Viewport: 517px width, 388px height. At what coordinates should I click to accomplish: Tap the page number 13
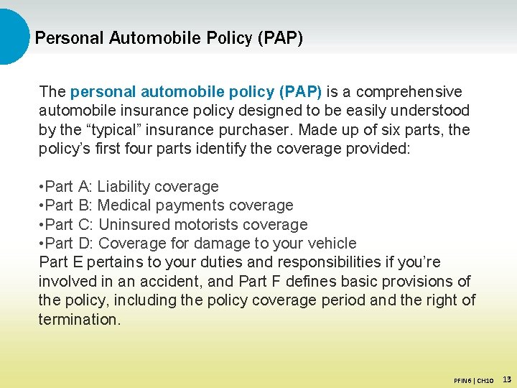click(x=507, y=379)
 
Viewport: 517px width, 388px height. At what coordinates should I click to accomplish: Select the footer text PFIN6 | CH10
click(x=473, y=379)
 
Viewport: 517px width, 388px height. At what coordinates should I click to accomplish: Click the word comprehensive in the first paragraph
click(x=409, y=92)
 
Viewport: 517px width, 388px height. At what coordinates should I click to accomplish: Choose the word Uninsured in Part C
click(x=131, y=225)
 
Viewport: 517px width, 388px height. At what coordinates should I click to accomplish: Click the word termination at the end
click(x=80, y=320)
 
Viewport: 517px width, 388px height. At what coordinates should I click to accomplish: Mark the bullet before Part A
click(x=41, y=187)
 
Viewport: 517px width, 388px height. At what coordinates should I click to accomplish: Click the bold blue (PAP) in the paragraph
click(x=303, y=92)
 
